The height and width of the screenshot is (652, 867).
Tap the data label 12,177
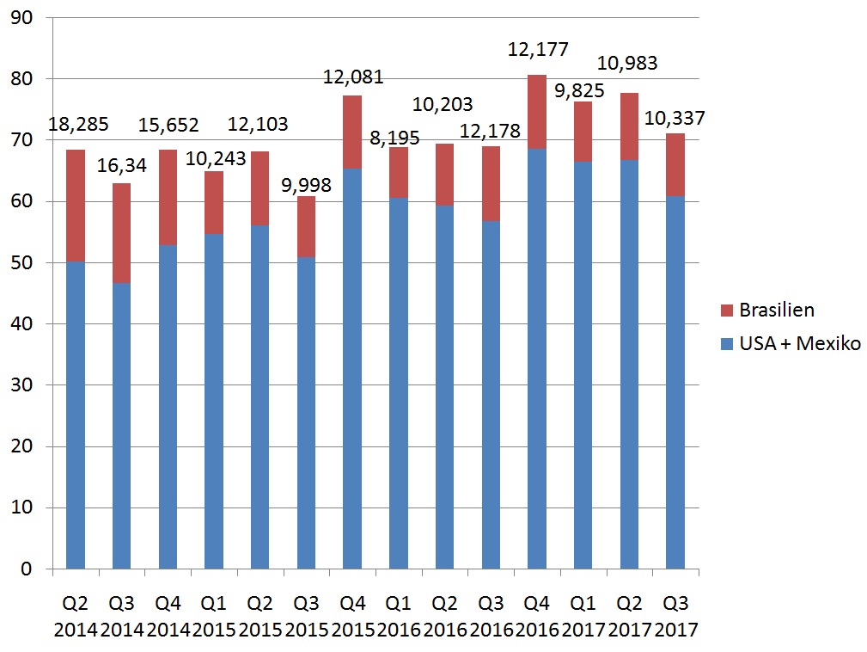(x=538, y=49)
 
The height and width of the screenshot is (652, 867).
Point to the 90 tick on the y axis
(x=31, y=18)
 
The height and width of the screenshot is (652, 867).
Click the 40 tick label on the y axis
(x=31, y=324)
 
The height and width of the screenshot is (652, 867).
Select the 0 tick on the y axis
(x=36, y=569)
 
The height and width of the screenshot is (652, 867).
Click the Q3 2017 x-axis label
(x=676, y=615)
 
